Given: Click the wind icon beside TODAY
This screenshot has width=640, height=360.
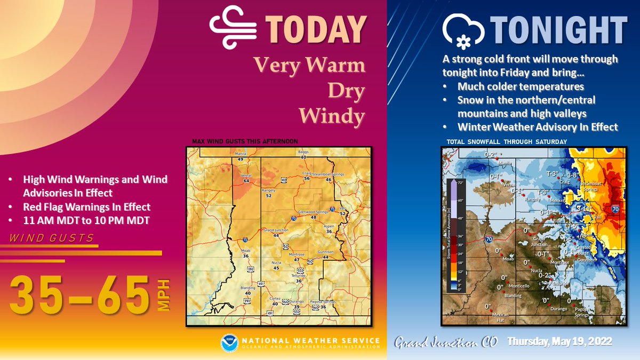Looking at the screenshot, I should (229, 30).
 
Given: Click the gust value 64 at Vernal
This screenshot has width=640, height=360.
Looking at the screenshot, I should (246, 181).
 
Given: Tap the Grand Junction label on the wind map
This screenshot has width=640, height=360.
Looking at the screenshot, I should (275, 230).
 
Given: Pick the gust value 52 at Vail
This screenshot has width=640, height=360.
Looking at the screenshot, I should (343, 214).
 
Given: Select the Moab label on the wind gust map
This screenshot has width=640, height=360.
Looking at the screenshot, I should (246, 251).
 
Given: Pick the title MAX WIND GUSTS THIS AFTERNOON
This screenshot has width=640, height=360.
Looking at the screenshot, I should (245, 141).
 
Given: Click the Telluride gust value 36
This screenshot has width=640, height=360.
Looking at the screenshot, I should (299, 281).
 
